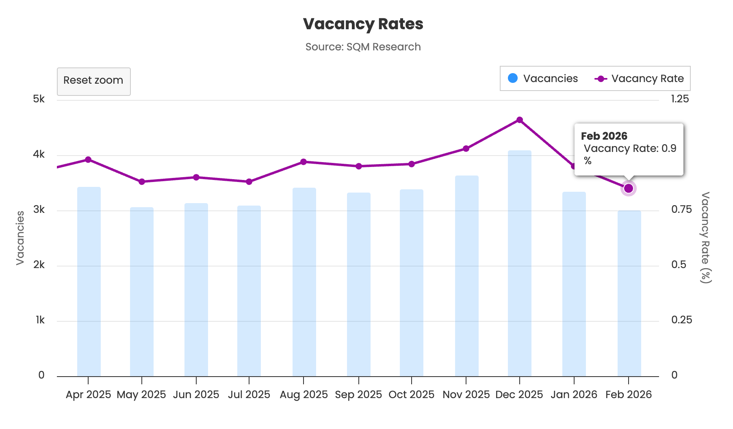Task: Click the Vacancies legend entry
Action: click(543, 78)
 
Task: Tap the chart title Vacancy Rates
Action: click(363, 24)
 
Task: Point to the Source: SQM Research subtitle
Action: click(363, 47)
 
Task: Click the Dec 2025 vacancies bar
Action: click(519, 264)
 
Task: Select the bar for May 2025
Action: click(142, 292)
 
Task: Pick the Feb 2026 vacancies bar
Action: click(629, 292)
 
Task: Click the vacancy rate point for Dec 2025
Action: click(519, 120)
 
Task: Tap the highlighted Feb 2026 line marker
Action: click(629, 188)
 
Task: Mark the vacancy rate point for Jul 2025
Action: click(249, 182)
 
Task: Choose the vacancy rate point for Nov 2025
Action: click(466, 149)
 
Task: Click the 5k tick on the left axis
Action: click(39, 99)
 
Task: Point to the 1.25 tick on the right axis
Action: click(680, 99)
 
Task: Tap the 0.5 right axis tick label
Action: click(678, 264)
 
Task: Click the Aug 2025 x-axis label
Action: click(304, 394)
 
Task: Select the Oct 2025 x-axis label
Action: click(411, 394)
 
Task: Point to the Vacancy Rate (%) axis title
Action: click(705, 238)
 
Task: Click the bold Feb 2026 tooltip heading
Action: click(604, 136)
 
